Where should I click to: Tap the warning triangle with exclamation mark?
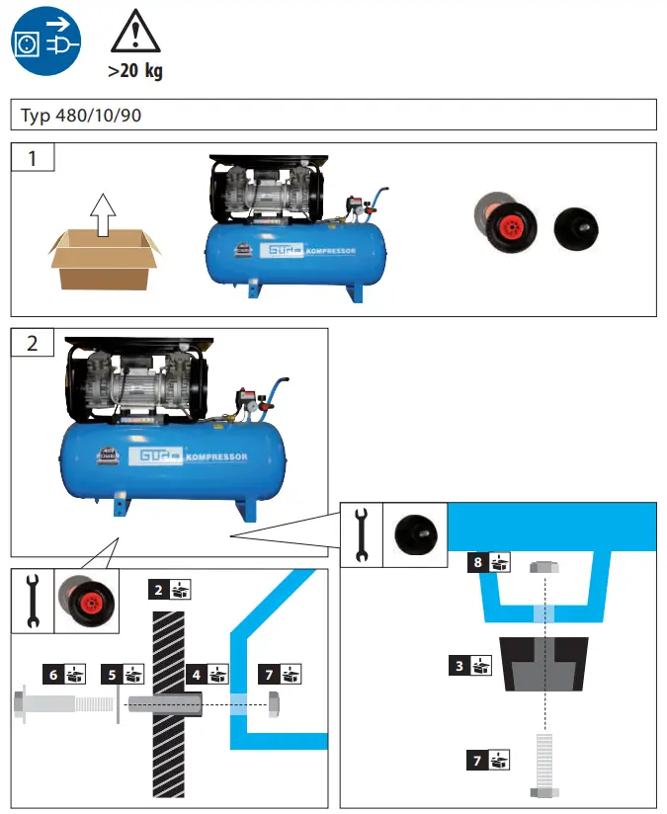coord(135,33)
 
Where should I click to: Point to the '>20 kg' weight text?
coord(135,71)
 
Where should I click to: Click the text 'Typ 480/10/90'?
coord(81,116)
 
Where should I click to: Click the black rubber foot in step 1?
coord(575,227)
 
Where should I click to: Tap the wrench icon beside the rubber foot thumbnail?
coord(361,533)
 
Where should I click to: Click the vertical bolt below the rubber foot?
coord(543,766)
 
